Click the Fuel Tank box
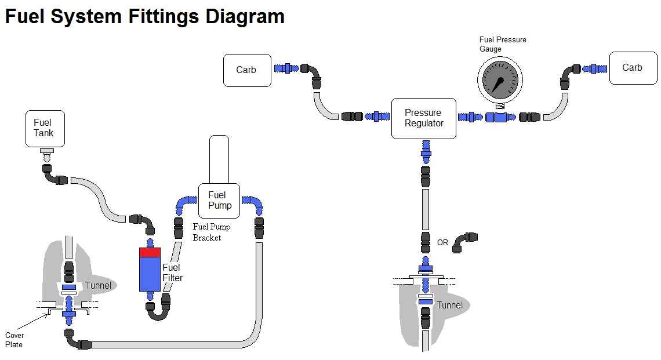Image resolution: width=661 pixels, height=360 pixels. [43, 128]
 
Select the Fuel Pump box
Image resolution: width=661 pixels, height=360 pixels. [220, 201]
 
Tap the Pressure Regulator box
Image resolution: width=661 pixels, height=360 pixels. [423, 118]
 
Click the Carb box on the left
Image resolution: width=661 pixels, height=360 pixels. [246, 70]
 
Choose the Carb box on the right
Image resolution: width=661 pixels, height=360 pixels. [631, 68]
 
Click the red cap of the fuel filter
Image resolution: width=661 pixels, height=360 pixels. [150, 252]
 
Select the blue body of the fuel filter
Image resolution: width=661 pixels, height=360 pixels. [150, 274]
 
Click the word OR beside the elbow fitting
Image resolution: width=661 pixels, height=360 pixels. [442, 242]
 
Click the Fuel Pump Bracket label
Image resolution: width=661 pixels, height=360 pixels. [207, 232]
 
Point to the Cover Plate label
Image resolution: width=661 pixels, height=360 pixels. [14, 340]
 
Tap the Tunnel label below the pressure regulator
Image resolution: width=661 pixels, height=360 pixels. [449, 305]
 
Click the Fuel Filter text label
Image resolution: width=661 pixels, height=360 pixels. [172, 272]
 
